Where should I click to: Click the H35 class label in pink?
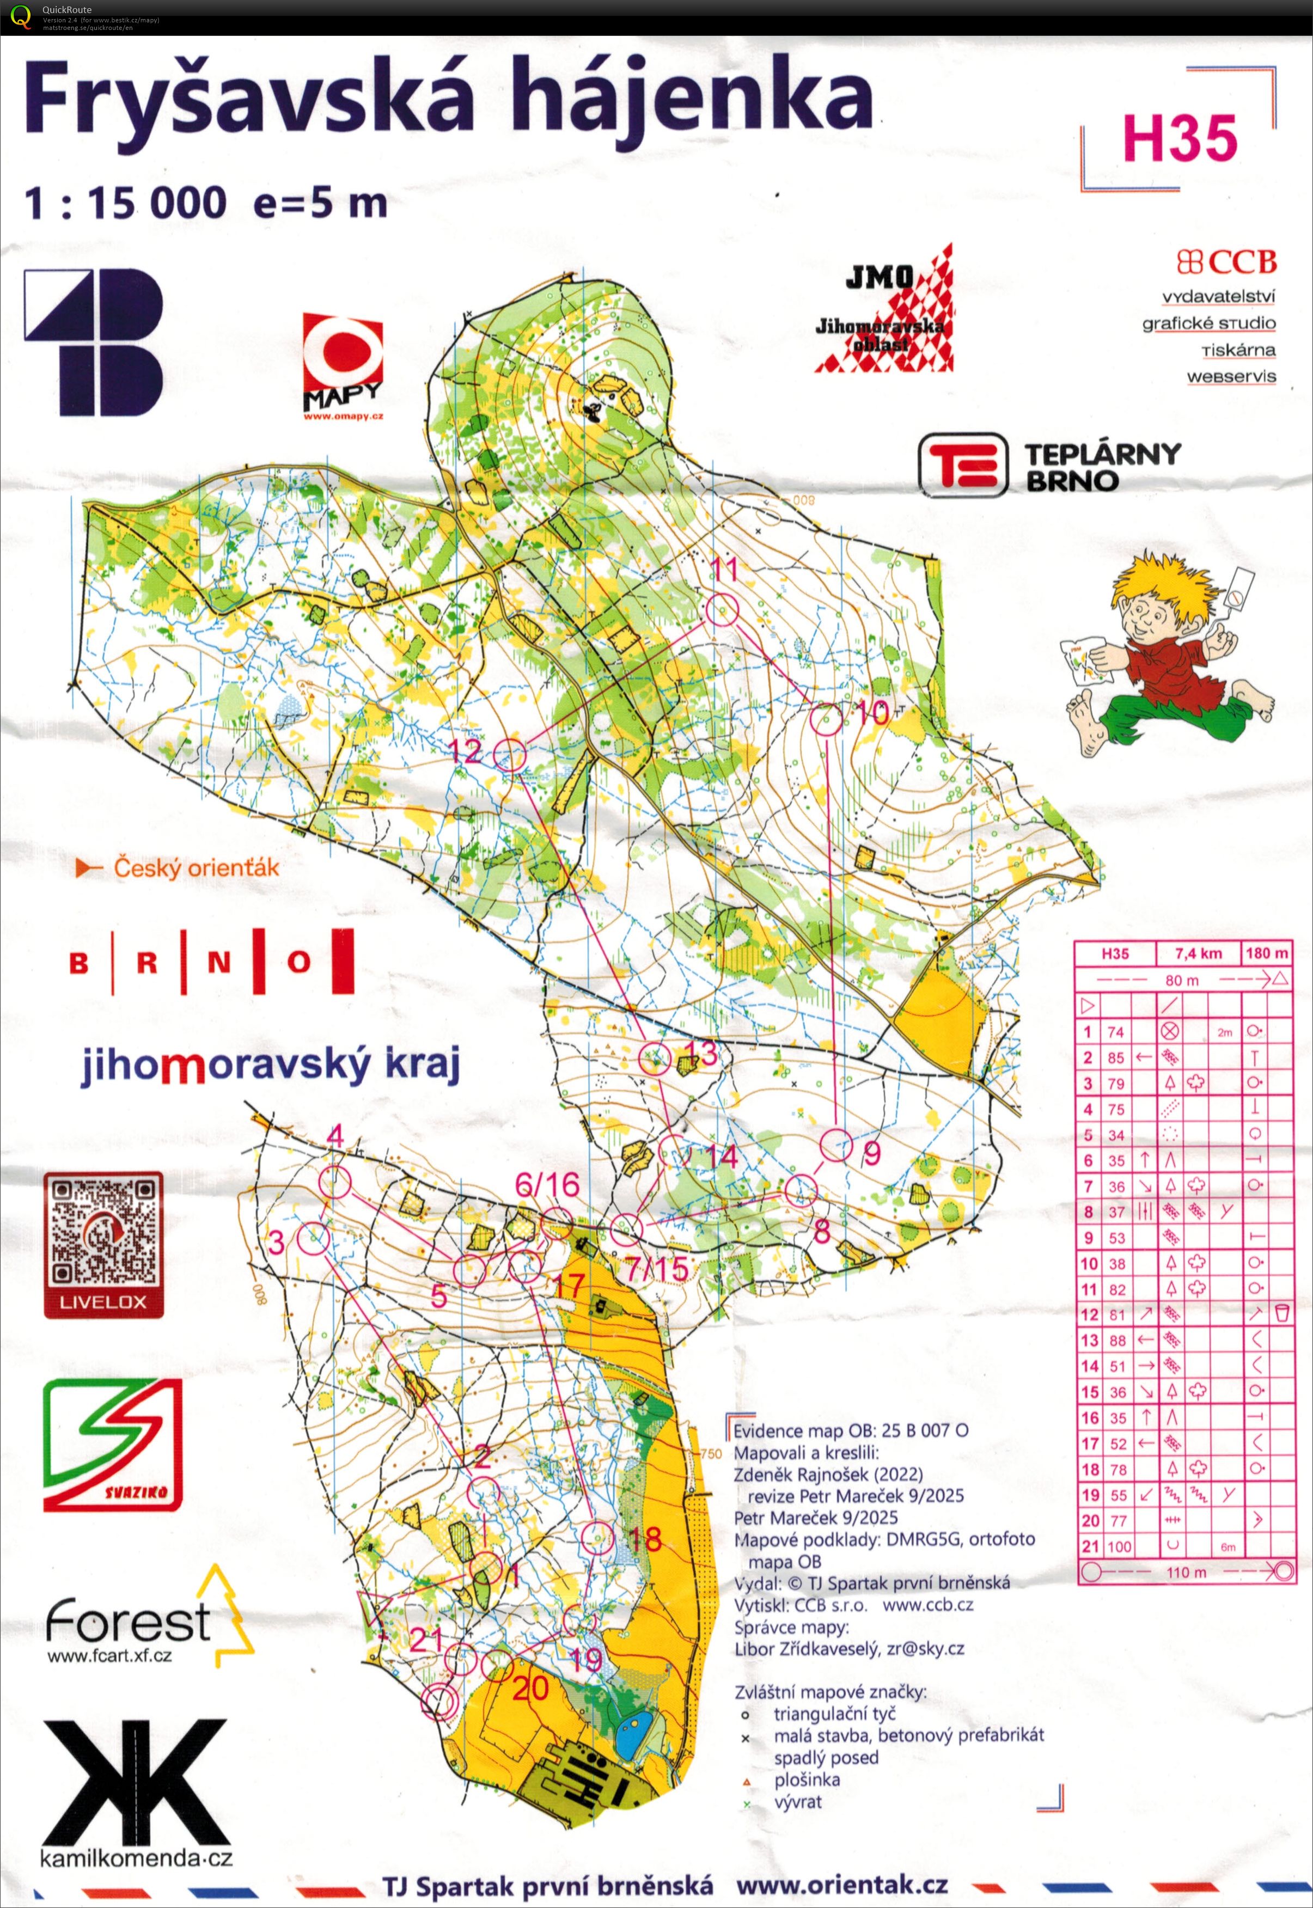[x=1179, y=138]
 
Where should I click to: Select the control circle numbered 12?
[x=510, y=754]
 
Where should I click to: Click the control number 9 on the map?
[x=872, y=1154]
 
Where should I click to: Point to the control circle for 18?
[x=597, y=1538]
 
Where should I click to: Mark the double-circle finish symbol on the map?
[x=440, y=1702]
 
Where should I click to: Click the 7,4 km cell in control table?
[x=1198, y=954]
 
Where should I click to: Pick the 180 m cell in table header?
[x=1267, y=954]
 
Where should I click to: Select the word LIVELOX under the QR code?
[x=103, y=1302]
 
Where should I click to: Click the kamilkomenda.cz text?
[x=136, y=1858]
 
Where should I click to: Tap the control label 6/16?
[x=547, y=1185]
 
